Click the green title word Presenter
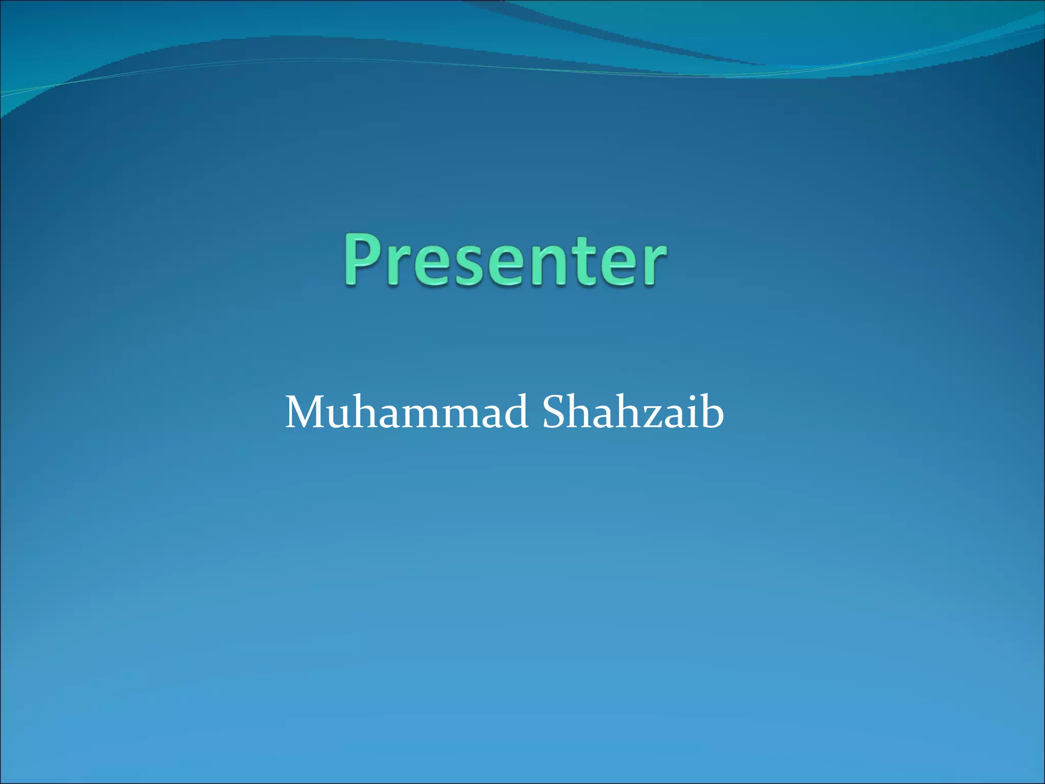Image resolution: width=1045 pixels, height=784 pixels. (x=504, y=260)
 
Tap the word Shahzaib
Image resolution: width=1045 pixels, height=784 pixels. (x=633, y=412)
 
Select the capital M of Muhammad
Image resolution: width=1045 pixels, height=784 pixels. (x=308, y=412)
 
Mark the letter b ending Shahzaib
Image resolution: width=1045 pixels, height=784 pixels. (x=711, y=411)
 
